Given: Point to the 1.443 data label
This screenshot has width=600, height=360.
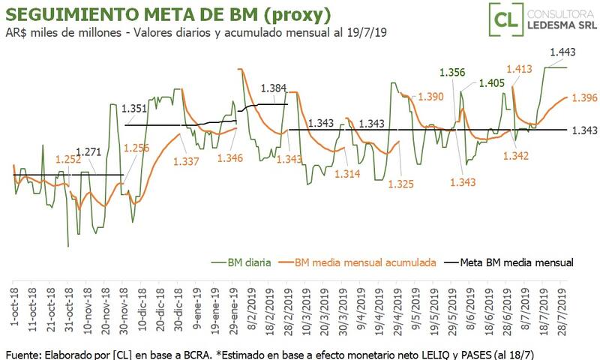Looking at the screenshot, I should click(562, 52).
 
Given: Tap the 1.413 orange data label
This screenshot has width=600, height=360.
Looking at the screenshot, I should click(519, 69).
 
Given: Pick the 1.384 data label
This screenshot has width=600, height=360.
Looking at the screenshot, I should click(274, 88).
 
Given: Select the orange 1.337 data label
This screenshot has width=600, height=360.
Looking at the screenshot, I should click(186, 160).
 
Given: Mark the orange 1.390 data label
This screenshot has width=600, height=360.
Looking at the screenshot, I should click(430, 97).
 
